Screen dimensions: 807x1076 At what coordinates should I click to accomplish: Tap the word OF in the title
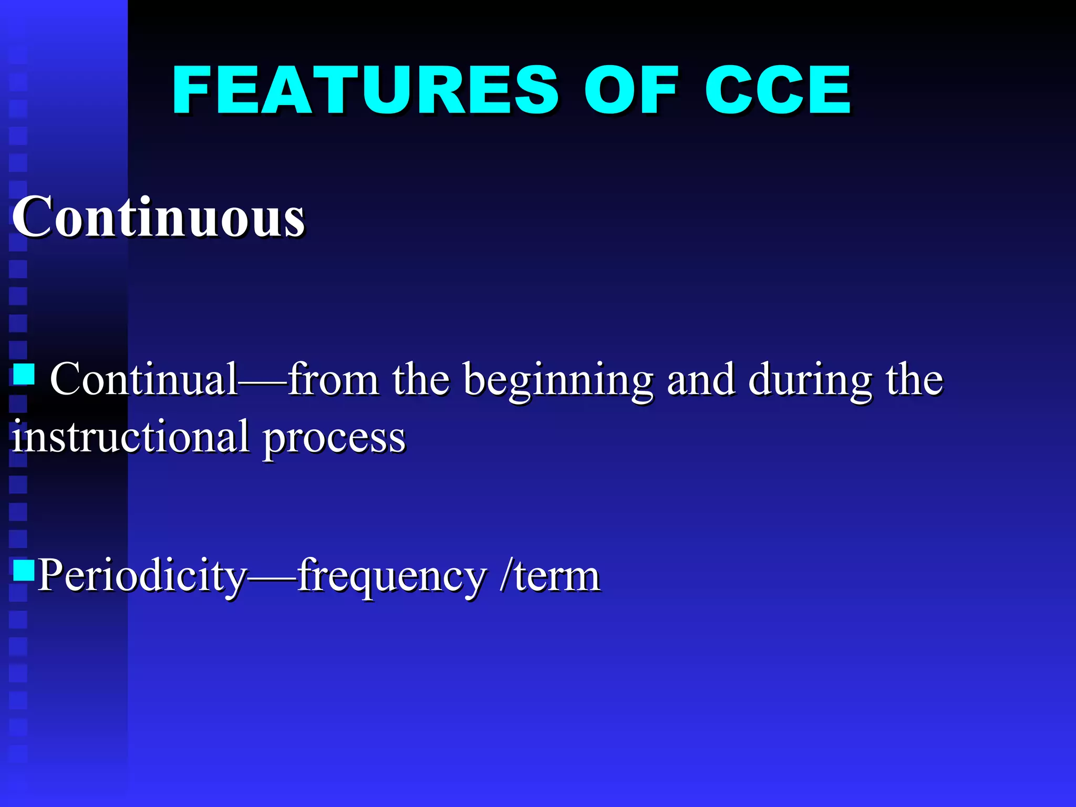point(631,90)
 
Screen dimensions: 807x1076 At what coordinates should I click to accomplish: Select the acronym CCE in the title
point(777,90)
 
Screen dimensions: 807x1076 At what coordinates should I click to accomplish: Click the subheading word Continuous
point(158,216)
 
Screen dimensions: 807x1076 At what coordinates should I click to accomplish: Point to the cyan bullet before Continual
point(24,375)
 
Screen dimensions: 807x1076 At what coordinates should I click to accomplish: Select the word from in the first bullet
point(333,379)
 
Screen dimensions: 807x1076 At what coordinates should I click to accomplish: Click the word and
point(701,379)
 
